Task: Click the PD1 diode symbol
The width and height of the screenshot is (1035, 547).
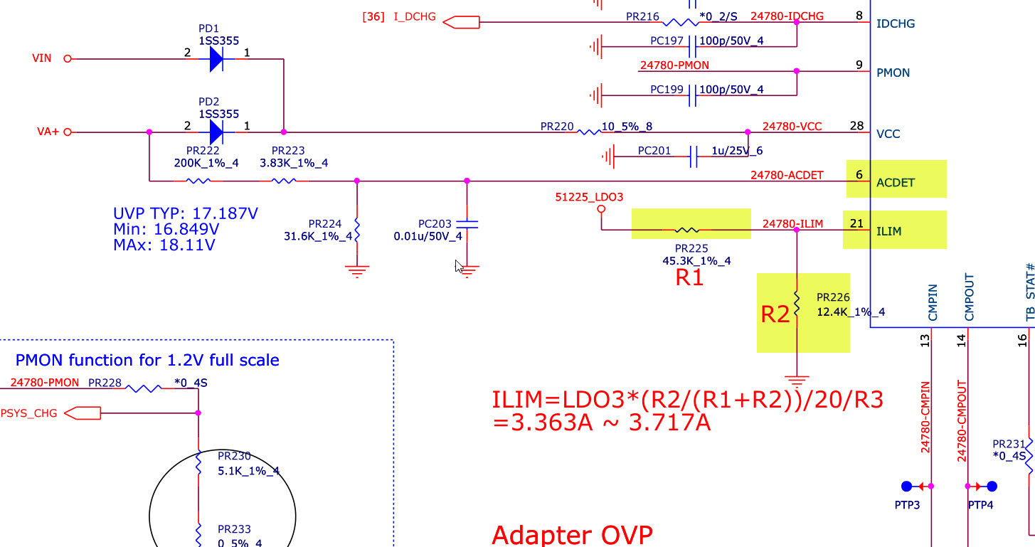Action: click(217, 59)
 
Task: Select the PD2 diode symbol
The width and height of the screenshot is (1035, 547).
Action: click(217, 132)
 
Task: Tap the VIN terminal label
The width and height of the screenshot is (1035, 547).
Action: click(42, 58)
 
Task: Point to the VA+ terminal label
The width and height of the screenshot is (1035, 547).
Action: click(48, 132)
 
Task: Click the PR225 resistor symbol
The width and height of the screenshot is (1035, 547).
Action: click(687, 230)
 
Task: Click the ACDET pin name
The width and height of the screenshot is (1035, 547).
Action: click(896, 182)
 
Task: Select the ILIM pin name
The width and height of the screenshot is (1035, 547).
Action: click(889, 231)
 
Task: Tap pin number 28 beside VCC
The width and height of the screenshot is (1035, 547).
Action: click(856, 126)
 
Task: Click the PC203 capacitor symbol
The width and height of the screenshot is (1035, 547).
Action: click(467, 225)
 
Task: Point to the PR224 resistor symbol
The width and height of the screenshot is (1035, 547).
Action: click(356, 229)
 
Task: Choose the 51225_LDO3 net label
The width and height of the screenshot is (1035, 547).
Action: click(588, 197)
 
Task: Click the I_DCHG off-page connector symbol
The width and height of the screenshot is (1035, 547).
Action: click(461, 23)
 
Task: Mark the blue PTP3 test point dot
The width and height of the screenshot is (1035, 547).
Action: click(906, 487)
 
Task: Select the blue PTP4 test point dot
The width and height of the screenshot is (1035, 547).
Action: click(992, 487)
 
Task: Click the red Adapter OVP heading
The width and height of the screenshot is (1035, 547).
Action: click(572, 535)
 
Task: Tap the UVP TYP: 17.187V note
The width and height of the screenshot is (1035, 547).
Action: click(185, 213)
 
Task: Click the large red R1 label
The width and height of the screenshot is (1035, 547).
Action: click(689, 278)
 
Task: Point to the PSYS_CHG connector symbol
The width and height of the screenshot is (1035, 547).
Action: click(83, 413)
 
